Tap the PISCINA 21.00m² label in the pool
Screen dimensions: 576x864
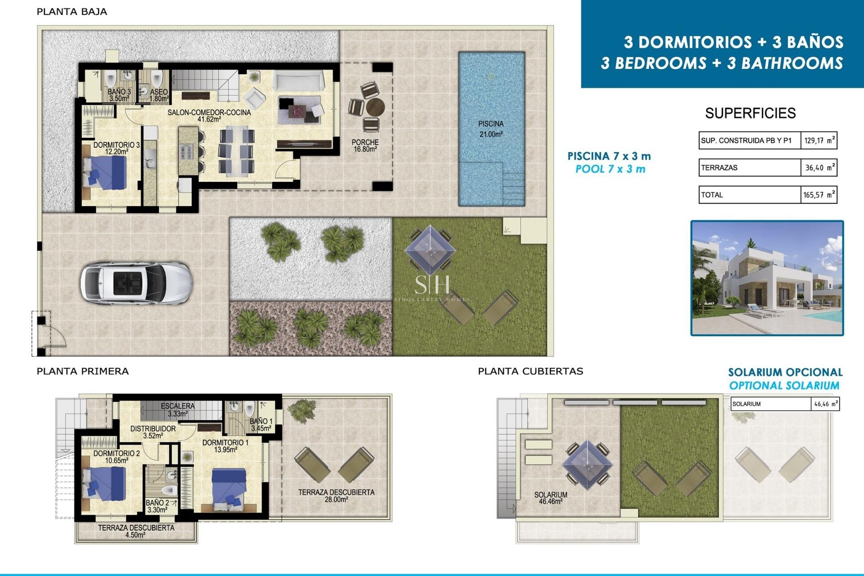[490, 129]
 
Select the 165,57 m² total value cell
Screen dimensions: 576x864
[819, 195]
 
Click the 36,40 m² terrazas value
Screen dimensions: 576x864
[819, 167]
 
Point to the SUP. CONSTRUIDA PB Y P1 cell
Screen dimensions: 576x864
[749, 140]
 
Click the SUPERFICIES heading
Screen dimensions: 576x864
[750, 113]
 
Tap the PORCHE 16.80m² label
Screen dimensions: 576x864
[365, 145]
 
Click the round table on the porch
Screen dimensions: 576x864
[375, 108]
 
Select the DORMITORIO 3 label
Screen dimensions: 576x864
[117, 148]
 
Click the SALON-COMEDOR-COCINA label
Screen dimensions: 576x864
[209, 115]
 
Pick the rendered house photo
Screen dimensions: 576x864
[767, 278]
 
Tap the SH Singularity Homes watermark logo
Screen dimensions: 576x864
[432, 284]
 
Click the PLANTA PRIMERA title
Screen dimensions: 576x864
[83, 371]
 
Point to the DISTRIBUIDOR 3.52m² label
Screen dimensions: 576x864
[153, 432]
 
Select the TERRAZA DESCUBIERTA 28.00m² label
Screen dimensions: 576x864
[336, 495]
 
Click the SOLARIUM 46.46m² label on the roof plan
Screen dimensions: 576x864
[551, 498]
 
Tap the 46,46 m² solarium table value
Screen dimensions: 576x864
[825, 404]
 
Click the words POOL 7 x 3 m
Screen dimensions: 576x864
[610, 169]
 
